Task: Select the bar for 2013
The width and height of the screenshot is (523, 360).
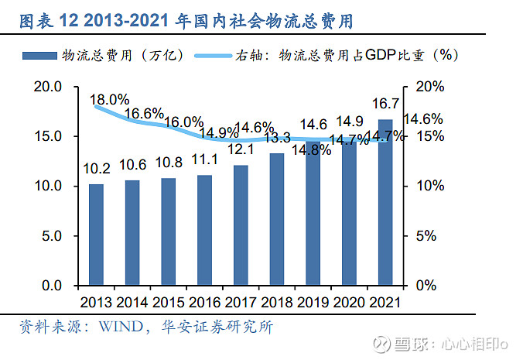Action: [x=96, y=235]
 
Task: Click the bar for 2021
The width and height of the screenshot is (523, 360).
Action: [x=385, y=202]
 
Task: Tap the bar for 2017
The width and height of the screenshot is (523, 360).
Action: [x=241, y=225]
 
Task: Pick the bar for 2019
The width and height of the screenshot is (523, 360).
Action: [x=313, y=213]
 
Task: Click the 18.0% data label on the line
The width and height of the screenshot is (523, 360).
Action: [x=109, y=100]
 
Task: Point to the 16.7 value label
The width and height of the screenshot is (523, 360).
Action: [x=385, y=104]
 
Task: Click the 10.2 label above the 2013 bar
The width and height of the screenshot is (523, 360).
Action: [x=96, y=168]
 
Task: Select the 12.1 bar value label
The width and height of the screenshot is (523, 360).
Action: [x=241, y=149]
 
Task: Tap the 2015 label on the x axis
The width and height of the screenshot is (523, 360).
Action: [x=168, y=301]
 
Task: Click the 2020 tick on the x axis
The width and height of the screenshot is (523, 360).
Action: [x=349, y=301]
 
